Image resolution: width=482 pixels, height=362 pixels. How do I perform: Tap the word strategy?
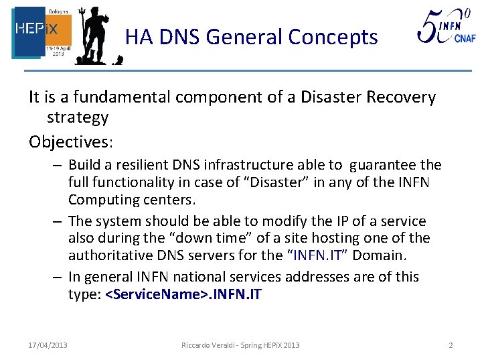point(78,117)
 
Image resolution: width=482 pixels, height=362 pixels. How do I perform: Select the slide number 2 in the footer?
point(451,345)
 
